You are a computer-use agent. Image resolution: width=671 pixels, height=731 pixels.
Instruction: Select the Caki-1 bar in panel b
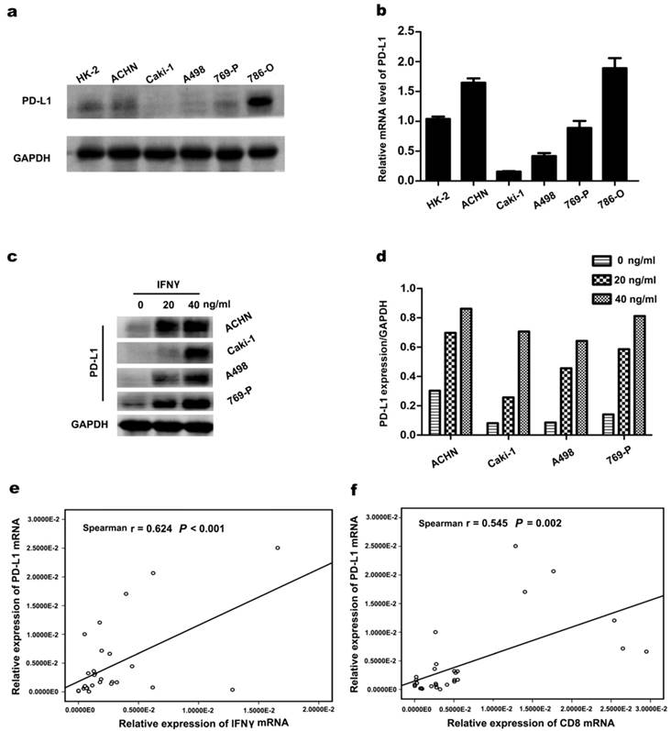(481, 175)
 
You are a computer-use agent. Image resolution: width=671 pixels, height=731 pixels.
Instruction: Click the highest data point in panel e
(278, 548)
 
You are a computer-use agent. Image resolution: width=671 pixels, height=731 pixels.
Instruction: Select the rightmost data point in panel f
(645, 651)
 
